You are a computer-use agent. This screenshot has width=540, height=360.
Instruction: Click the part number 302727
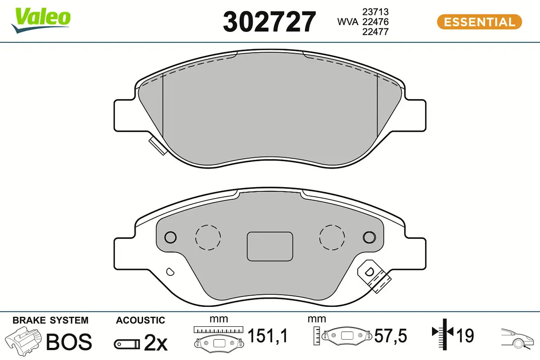(269, 22)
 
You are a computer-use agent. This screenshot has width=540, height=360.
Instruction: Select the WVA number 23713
(375, 12)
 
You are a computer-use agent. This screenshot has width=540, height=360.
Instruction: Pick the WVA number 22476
(375, 22)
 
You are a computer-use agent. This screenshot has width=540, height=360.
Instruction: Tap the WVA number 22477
(375, 32)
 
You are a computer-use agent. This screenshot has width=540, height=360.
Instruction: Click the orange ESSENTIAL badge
(480, 22)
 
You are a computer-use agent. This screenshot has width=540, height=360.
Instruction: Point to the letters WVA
(348, 22)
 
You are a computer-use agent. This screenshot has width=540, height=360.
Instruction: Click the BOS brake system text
(69, 342)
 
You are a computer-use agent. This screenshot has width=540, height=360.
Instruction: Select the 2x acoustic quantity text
(156, 343)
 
